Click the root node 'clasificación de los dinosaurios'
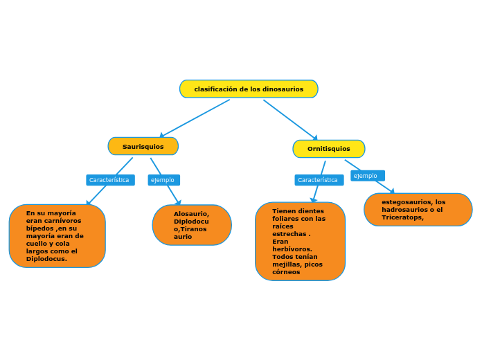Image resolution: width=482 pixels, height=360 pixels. tap(249, 89)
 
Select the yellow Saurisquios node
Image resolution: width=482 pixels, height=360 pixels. tap(143, 146)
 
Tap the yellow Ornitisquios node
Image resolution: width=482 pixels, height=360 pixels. tap(328, 149)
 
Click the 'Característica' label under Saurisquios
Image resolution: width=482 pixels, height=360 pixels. tap(109, 180)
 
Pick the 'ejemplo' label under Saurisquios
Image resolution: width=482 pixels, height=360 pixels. tap(163, 180)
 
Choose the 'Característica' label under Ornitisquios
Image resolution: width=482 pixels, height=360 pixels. tap(319, 180)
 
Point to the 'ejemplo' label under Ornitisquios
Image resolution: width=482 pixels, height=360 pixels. tap(367, 176)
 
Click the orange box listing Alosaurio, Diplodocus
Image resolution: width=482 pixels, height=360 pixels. tap(192, 225)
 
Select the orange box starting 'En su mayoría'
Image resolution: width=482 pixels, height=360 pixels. tap(57, 236)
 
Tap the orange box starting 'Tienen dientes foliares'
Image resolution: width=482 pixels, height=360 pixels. tap(300, 241)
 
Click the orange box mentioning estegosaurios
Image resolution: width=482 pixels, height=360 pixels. tap(418, 210)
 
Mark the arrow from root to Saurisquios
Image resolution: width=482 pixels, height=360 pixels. tap(195, 118)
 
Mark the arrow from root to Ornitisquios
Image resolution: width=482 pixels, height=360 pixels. tap(290, 120)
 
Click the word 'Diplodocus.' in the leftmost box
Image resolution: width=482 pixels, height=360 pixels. tap(46, 259)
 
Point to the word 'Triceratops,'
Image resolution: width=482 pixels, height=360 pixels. tap(402, 217)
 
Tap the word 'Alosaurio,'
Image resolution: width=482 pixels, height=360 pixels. tap(191, 214)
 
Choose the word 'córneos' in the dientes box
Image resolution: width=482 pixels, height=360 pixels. tap(286, 272)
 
